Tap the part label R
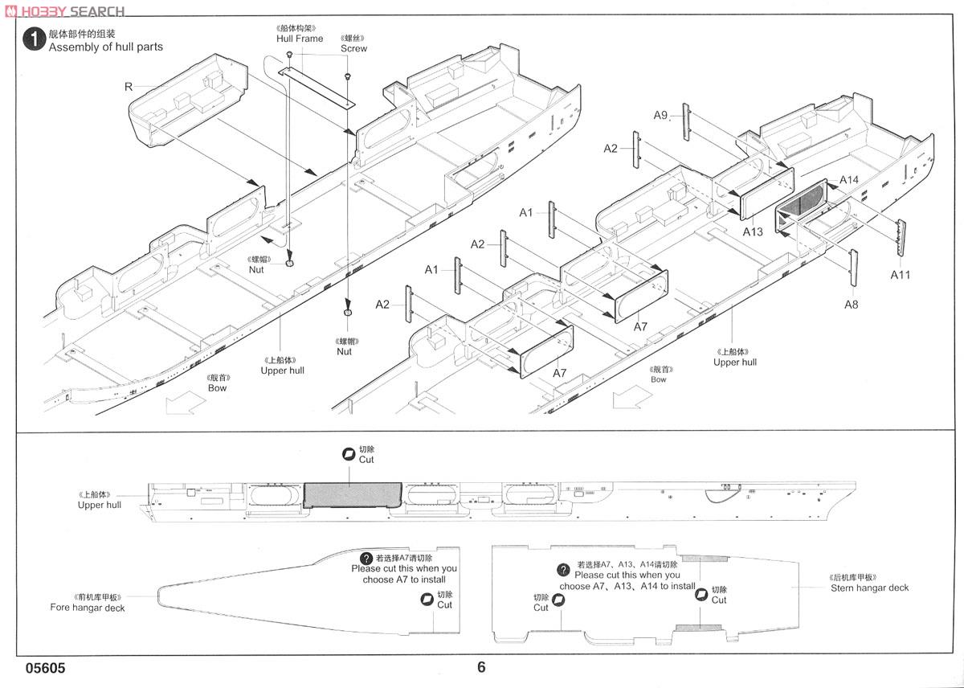coord(129,86)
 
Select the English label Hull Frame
coord(300,39)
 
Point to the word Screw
coord(353,48)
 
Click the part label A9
coord(660,115)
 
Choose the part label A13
coord(753,231)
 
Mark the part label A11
coord(901,274)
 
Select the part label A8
coord(852,304)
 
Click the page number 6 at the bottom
coord(481,667)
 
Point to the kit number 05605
coord(45,668)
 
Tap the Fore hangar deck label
coord(88,608)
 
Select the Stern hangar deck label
coord(869,588)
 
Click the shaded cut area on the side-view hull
coord(352,494)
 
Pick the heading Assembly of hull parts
coord(106,47)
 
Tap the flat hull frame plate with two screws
coord(317,86)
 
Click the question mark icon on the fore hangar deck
coord(366,559)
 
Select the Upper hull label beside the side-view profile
coord(100,505)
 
